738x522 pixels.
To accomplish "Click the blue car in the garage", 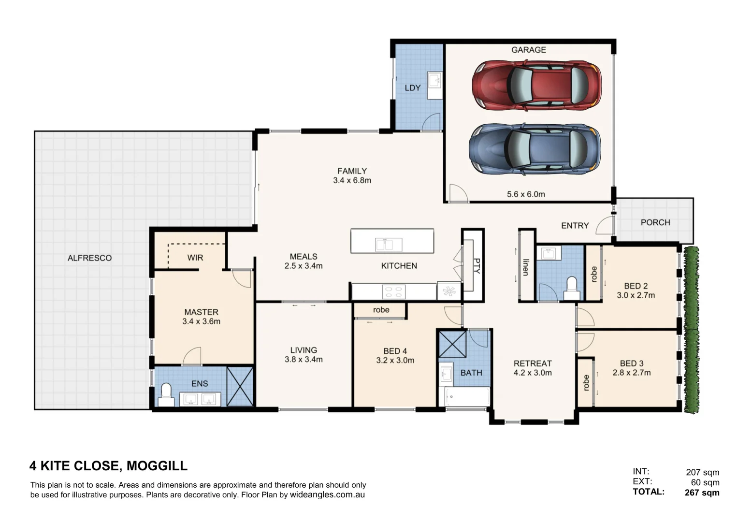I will [x=535, y=149].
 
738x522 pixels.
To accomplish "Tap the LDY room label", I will [x=412, y=88].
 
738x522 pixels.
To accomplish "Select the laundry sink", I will [x=434, y=80].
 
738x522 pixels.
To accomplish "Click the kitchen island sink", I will [x=389, y=245].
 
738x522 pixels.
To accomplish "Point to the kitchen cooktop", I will [x=393, y=292].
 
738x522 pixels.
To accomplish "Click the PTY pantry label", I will [x=477, y=265].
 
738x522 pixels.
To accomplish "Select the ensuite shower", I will [x=240, y=386].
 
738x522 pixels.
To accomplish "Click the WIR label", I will [x=195, y=258].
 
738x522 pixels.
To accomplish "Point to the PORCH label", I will [x=655, y=222].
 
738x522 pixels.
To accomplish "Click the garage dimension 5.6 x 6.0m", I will [x=525, y=194].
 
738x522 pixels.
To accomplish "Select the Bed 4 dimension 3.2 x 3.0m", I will [x=395, y=361].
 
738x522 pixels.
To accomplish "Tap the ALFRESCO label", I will [x=89, y=258].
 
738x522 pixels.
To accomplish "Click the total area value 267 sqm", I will [x=702, y=493].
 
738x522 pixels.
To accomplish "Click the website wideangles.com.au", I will [x=327, y=495].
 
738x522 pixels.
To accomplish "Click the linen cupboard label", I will [x=525, y=267].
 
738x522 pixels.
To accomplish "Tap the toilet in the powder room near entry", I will [x=572, y=288].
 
